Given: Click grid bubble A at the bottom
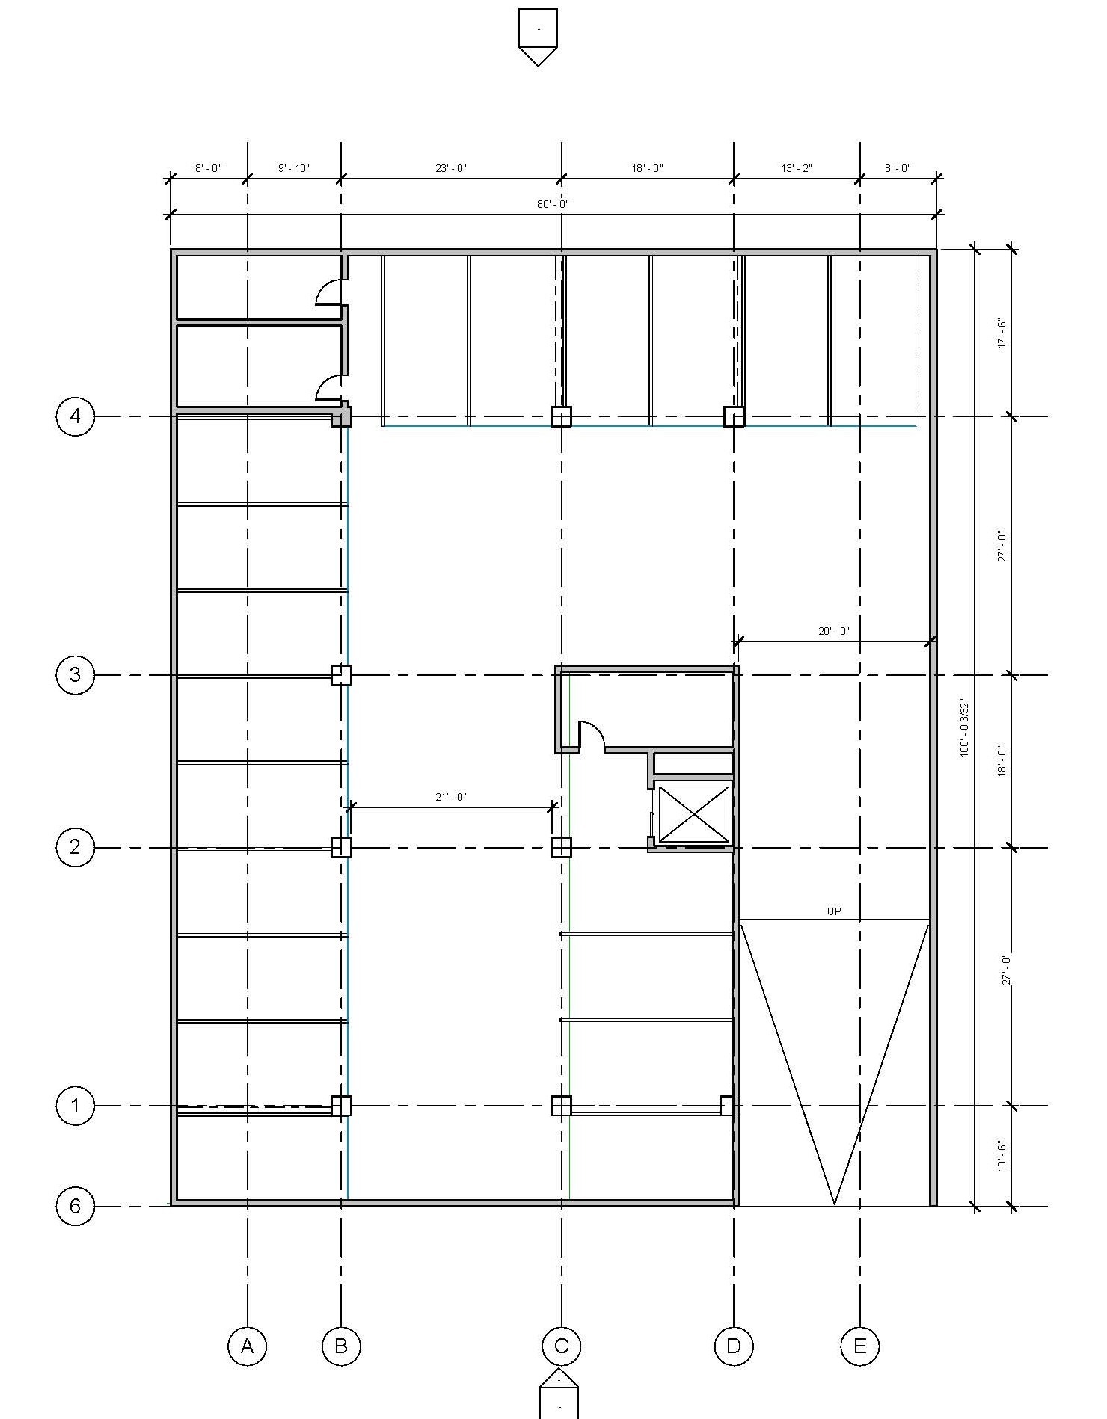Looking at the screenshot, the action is pyautogui.click(x=247, y=1346).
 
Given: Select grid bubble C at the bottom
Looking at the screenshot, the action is pyautogui.click(x=562, y=1346).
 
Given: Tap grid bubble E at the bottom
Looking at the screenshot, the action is pyautogui.click(x=860, y=1346).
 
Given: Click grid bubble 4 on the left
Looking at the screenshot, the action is pyautogui.click(x=76, y=416).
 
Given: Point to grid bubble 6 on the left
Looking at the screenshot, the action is pyautogui.click(x=76, y=1206).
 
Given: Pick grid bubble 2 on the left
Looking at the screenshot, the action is pyautogui.click(x=76, y=847).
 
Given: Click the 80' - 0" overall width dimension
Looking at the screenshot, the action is pyautogui.click(x=553, y=204).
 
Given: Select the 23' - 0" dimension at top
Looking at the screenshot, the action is pyautogui.click(x=451, y=168).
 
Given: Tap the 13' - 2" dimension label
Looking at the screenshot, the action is pyautogui.click(x=797, y=168).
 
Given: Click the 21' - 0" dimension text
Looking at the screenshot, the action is pyautogui.click(x=451, y=797).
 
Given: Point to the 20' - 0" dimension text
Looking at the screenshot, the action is pyautogui.click(x=834, y=631).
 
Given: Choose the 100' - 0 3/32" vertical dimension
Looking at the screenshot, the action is pyautogui.click(x=964, y=728).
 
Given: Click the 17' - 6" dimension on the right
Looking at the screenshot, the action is pyautogui.click(x=1002, y=333).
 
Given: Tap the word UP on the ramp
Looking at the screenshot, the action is pyautogui.click(x=834, y=911).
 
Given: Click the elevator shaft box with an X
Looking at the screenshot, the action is pyautogui.click(x=693, y=813).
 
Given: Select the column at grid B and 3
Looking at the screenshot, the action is pyautogui.click(x=341, y=675).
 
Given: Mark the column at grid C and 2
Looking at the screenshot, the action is pyautogui.click(x=562, y=847).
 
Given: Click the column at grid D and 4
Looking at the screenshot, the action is pyautogui.click(x=734, y=416).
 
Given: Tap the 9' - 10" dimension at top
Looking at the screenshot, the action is pyautogui.click(x=294, y=168).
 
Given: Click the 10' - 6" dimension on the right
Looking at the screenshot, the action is pyautogui.click(x=1002, y=1156).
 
